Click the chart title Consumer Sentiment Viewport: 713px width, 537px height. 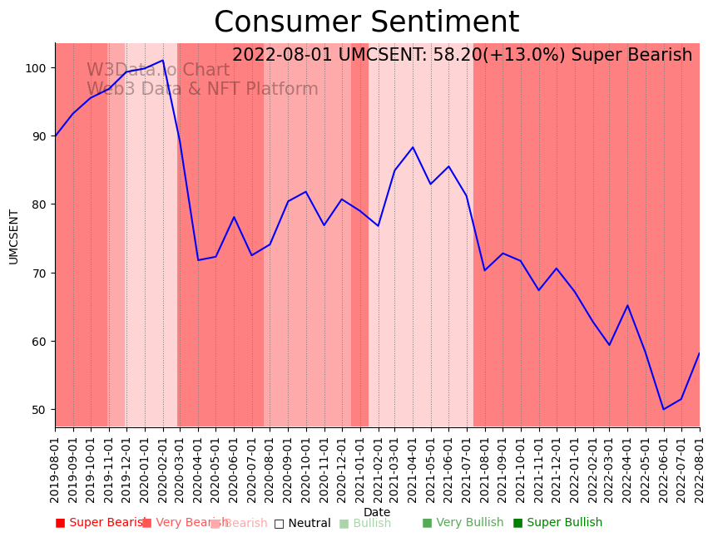coord(366,22)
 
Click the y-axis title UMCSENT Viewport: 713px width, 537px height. coord(14,236)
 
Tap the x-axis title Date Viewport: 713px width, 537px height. coord(377,512)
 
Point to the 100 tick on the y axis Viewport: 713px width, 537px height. coord(37,67)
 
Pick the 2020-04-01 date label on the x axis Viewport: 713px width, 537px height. coord(198,466)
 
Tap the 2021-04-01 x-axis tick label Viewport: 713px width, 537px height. coord(413,466)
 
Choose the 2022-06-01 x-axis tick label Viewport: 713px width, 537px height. coord(663,466)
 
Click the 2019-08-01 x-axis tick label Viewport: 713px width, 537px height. coord(55,466)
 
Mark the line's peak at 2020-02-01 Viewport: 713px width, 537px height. coord(163,60)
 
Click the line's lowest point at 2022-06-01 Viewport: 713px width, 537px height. coord(663,409)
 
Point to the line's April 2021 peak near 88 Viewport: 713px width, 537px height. coord(413,147)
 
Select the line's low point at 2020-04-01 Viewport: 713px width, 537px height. coord(198,260)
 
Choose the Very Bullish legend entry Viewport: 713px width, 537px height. coord(469,523)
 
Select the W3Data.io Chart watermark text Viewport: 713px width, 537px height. coord(158,71)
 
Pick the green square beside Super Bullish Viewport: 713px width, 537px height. coord(517,523)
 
